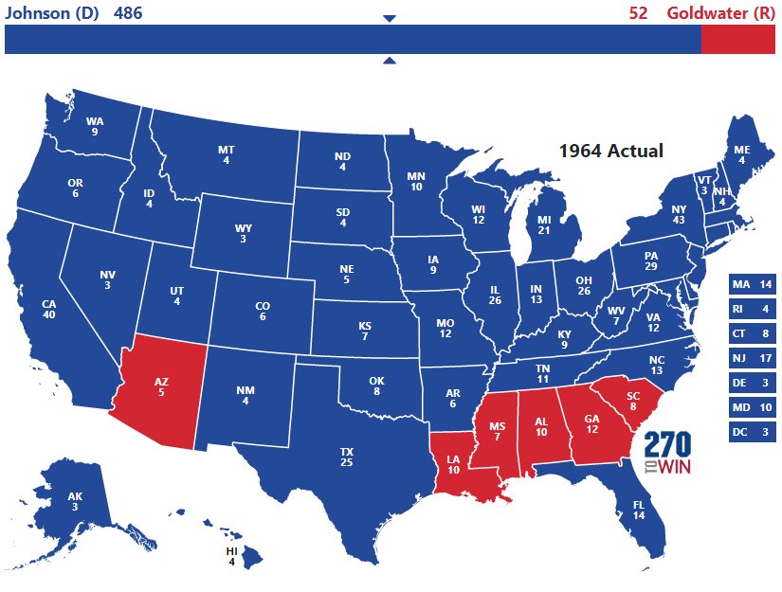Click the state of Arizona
(x=161, y=388)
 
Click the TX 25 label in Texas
(x=346, y=457)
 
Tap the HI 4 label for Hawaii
(x=231, y=556)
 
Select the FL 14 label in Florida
(x=638, y=511)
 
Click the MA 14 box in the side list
(x=753, y=285)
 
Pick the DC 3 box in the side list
(x=753, y=433)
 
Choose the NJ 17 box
(x=753, y=359)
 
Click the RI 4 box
(x=753, y=310)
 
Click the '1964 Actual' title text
(x=610, y=151)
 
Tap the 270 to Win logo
(x=668, y=454)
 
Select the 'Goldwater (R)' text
(x=720, y=12)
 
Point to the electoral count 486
(x=129, y=12)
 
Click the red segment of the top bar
(x=737, y=40)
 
